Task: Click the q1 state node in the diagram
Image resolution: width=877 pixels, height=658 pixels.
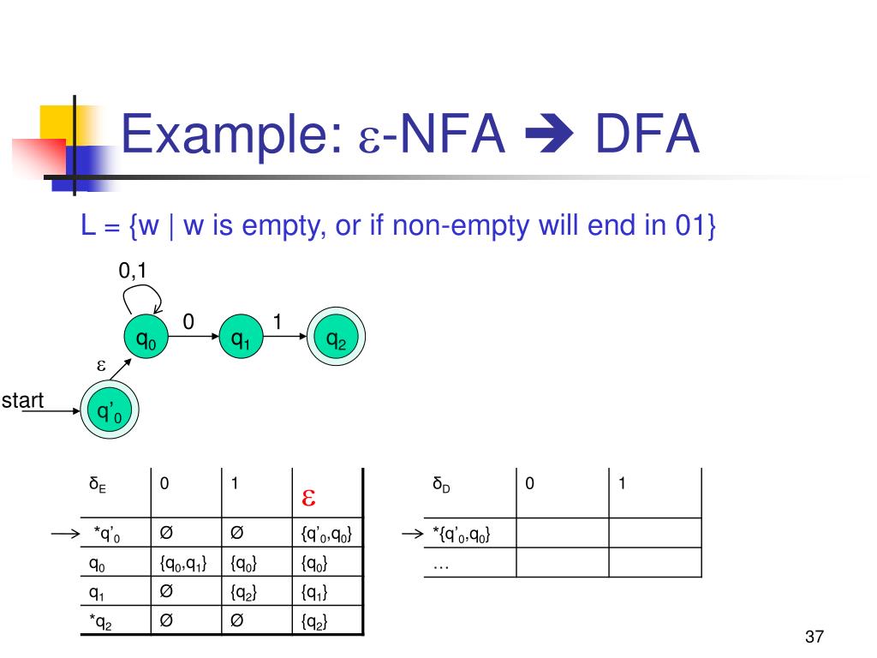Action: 241,336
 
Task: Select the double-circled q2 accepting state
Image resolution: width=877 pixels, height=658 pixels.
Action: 336,336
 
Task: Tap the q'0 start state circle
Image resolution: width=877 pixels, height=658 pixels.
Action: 110,410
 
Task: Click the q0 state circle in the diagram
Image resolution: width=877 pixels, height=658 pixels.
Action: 146,336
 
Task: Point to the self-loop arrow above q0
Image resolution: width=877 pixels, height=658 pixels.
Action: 144,286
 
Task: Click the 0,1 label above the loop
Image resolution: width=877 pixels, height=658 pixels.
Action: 133,271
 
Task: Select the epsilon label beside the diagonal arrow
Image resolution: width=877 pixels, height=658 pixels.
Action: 101,366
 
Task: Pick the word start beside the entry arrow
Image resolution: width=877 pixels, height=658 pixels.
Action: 22,401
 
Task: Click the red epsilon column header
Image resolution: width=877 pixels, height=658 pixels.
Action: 308,498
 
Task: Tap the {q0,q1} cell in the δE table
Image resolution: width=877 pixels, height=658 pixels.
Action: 183,563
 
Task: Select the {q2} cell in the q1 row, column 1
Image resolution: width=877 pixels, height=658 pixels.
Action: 243,592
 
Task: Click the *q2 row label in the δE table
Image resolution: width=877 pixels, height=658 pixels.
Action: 101,622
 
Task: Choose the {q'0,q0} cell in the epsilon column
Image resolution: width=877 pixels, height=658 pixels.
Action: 326,534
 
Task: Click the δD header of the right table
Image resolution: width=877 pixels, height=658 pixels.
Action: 441,485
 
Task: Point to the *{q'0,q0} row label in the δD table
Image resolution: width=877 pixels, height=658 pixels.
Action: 462,535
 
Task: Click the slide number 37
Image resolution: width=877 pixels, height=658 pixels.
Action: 814,637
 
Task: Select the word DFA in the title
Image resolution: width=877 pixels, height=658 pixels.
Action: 647,134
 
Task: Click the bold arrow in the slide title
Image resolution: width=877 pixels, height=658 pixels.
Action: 549,135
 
